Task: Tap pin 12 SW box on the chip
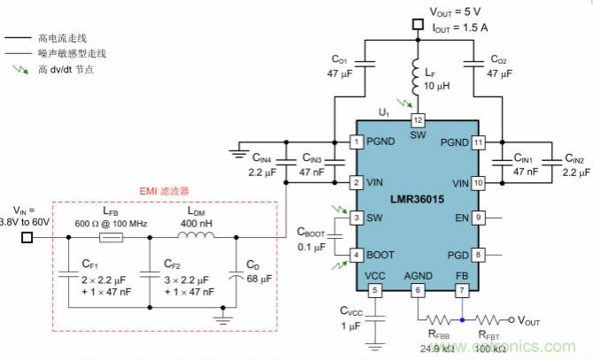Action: pyautogui.click(x=418, y=119)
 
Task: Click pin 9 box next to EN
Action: pyautogui.click(x=479, y=217)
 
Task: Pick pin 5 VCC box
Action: pyautogui.click(x=374, y=290)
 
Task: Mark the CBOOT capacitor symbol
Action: pyautogui.click(x=332, y=236)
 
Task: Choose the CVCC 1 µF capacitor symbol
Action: pyautogui.click(x=374, y=321)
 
